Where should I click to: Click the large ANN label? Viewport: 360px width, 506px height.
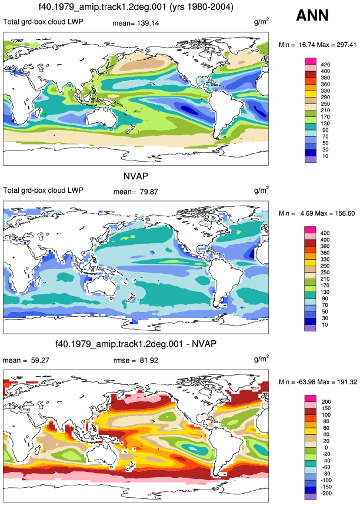click(x=312, y=15)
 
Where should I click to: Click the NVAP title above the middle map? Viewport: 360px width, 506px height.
click(x=136, y=176)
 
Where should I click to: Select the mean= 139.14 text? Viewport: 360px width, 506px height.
click(x=136, y=24)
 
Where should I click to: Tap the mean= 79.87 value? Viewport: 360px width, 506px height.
click(x=136, y=192)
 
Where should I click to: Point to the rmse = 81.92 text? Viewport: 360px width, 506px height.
click(x=136, y=360)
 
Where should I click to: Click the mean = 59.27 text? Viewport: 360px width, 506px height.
click(x=26, y=360)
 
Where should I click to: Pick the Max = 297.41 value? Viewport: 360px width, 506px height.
click(x=336, y=45)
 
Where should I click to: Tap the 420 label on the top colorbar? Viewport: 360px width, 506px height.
click(x=325, y=65)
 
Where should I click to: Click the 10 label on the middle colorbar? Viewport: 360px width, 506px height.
click(x=325, y=324)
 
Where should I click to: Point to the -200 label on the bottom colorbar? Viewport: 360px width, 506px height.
click(x=326, y=493)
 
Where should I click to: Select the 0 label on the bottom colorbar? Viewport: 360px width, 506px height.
click(x=326, y=448)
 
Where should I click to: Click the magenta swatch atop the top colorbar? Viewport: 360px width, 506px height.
click(x=310, y=61)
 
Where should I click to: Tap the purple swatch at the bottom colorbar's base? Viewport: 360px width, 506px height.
click(x=310, y=497)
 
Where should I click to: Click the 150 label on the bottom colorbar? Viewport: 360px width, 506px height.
click(x=325, y=408)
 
